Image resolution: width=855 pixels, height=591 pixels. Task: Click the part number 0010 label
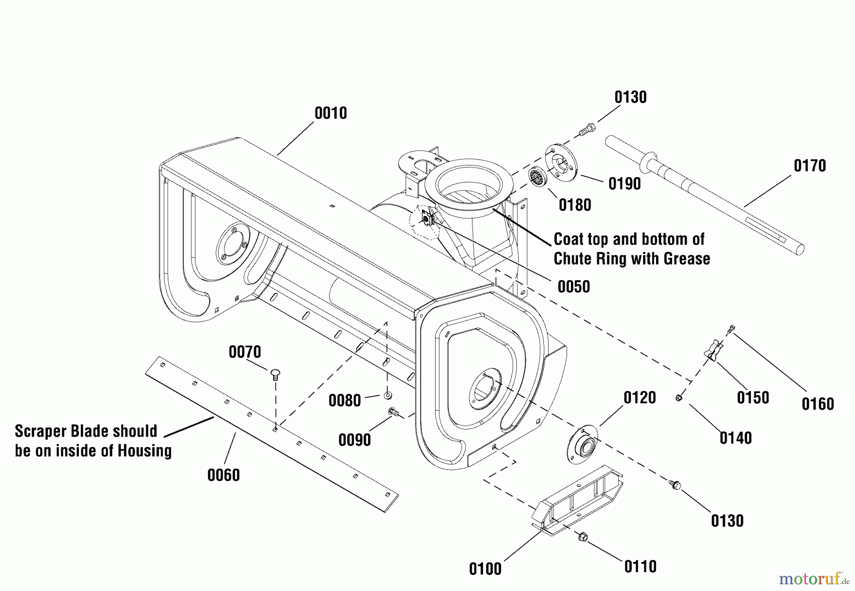pos(331,113)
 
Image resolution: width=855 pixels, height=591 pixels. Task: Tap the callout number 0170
pos(810,166)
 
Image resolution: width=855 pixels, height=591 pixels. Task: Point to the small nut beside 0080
pos(388,395)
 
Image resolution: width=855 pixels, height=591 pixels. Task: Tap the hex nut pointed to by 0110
pos(583,538)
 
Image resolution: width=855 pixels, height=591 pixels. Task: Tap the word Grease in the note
pos(687,259)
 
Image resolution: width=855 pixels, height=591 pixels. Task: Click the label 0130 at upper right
pos(630,97)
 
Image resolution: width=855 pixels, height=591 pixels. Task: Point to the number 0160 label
pos(817,404)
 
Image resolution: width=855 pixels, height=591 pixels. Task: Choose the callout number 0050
pos(574,287)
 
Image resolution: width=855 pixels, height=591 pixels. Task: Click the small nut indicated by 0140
pos(679,398)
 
